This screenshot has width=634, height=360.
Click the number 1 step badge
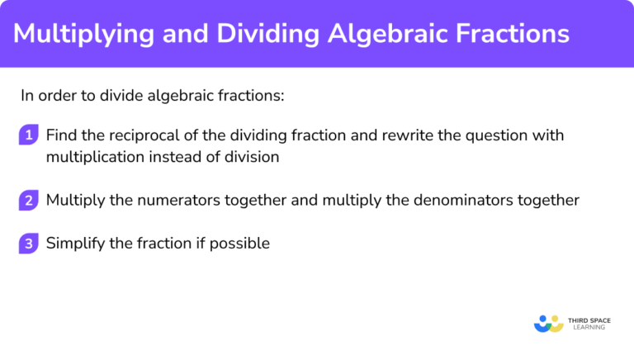29,135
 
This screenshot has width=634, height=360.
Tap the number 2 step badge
29,200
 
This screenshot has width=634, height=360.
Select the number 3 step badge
29,243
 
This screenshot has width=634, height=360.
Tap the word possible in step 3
243,244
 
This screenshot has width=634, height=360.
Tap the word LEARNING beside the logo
586,328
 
